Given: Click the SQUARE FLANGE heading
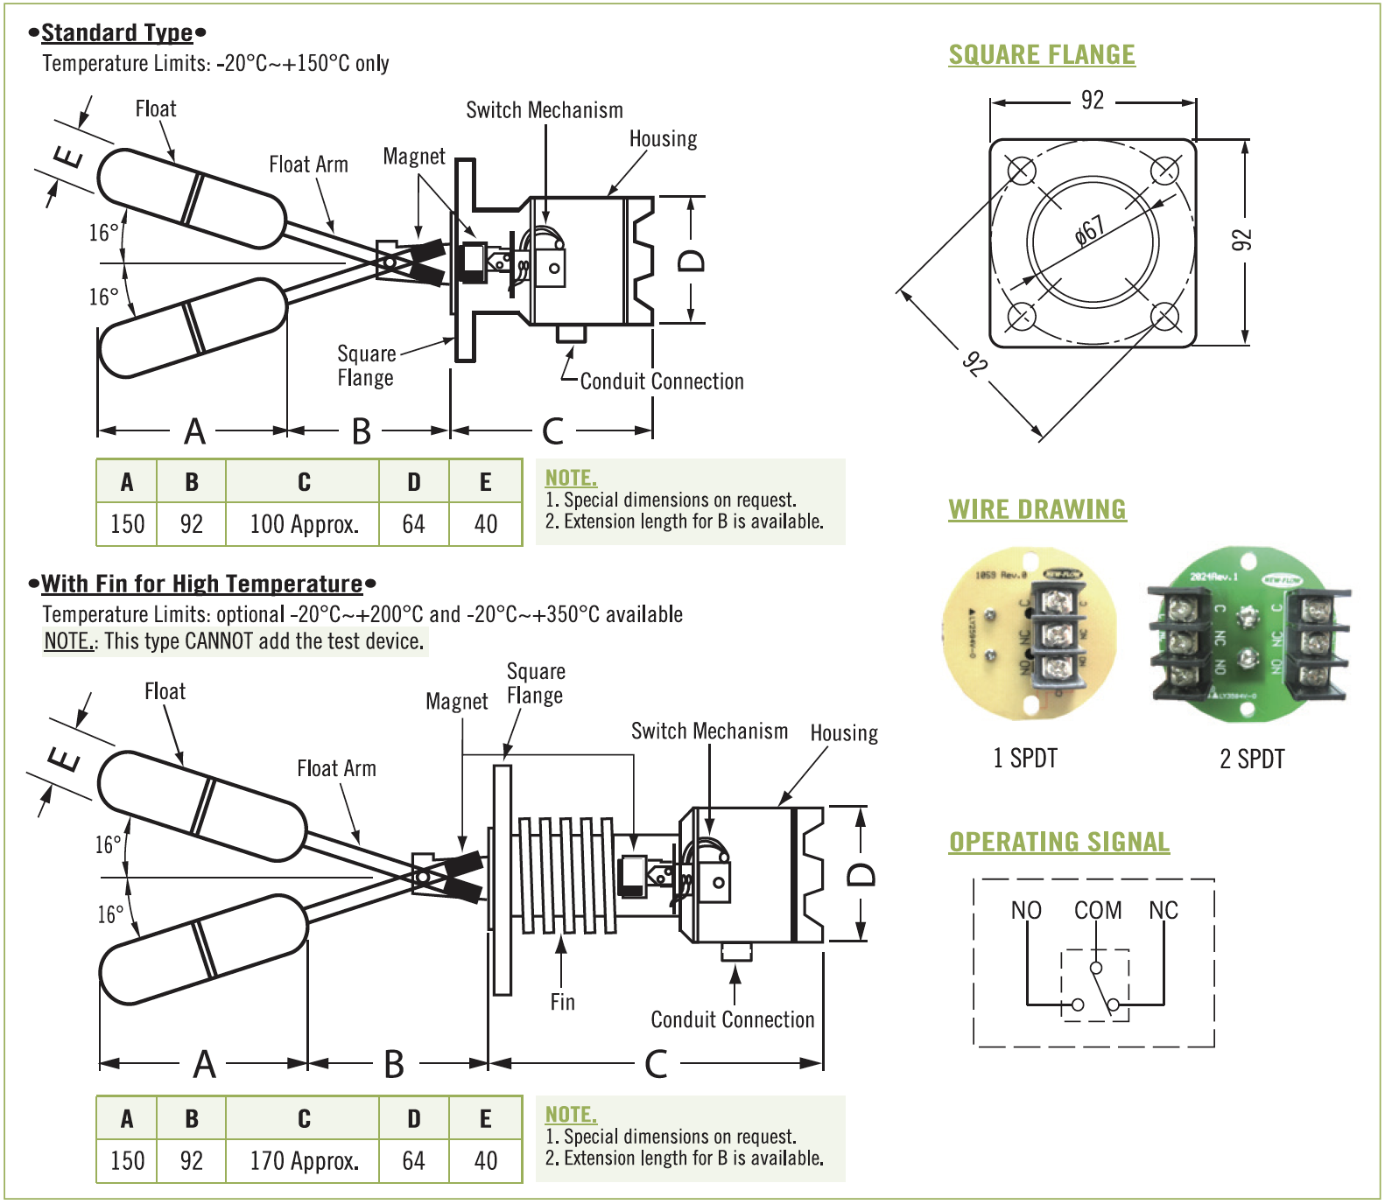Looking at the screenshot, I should pos(1042,54).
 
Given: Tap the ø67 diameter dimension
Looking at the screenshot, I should pos(1090,231).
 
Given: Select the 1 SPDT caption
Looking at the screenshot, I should pos(1025,758).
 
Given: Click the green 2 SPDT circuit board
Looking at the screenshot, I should pos(1248,634).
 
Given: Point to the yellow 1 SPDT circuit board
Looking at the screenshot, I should pos(1030,633).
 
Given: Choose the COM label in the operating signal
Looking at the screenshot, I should pos(1098,911).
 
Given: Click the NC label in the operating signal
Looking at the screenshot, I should pos(1164,911).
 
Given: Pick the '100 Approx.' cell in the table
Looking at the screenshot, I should pos(304,524).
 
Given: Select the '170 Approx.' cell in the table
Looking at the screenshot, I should pos(304,1161).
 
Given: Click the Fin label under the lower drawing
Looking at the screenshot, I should pos(563,1002).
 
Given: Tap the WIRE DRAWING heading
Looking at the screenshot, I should pos(1037,509).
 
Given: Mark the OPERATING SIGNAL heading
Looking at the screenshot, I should pos(1059,842).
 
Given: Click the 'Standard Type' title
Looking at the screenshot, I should pos(117,33).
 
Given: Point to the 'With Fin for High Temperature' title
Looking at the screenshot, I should pos(202,584).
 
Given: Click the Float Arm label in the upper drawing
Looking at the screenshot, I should pos(308,164).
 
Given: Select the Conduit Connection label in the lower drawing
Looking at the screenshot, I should pos(733,1019).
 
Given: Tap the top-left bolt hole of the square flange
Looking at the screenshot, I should pos(1021,170).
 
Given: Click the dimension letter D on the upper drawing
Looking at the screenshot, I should pos(692,261).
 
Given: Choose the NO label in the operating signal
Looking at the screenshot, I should pos(1026,911).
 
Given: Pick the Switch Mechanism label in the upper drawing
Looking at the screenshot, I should pos(545,110).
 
